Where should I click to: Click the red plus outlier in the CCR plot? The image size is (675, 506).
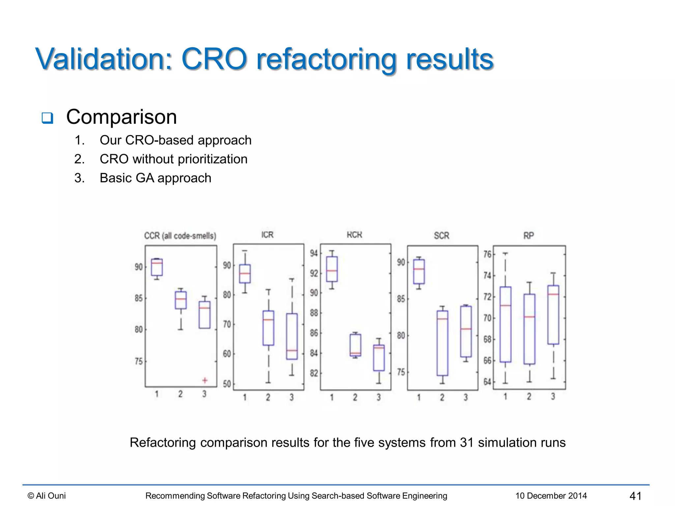tap(205, 380)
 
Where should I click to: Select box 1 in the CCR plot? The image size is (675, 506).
tap(157, 267)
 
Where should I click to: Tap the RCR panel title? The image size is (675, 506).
tap(354, 235)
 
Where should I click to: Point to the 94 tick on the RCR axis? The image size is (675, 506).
tap(314, 253)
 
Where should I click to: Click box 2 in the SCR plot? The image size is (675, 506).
tap(442, 343)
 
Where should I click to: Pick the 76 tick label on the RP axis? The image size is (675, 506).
tap(487, 254)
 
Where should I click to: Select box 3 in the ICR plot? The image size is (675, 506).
tap(292, 336)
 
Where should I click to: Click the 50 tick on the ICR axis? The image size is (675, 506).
tap(227, 384)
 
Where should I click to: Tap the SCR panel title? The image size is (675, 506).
tap(441, 236)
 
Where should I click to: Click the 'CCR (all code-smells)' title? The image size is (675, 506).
tap(180, 236)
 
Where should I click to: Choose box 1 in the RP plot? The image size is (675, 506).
tap(505, 324)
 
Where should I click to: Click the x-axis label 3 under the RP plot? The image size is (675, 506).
tap(553, 396)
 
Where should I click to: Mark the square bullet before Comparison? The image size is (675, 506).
tap(47, 118)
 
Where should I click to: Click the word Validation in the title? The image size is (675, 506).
tap(104, 59)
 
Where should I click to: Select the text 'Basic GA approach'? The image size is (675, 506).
tap(155, 178)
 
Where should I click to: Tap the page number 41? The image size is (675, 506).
tap(635, 496)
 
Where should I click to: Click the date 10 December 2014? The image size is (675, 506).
tap(551, 496)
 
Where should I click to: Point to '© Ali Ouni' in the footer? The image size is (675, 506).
tap(46, 496)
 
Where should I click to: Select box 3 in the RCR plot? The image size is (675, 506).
tap(379, 358)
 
